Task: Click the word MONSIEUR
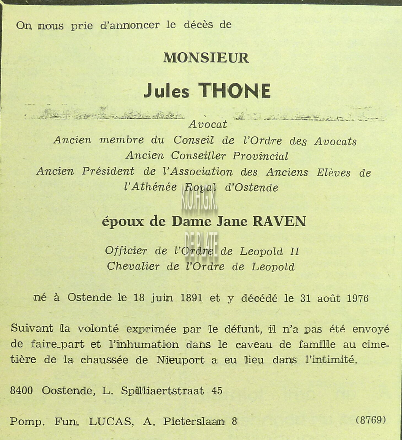tap(206, 58)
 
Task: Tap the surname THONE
tap(234, 91)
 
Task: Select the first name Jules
tap(166, 91)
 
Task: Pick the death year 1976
tap(357, 299)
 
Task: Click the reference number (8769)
tap(371, 420)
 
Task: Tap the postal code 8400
tap(21, 391)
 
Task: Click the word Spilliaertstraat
tap(162, 391)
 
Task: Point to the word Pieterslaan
tap(194, 422)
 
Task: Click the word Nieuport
tap(180, 360)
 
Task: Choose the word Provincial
tap(260, 156)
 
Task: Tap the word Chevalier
tap(133, 266)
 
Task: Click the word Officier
tap(126, 251)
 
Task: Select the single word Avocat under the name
tap(208, 124)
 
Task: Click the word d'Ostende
tap(252, 188)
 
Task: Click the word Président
tap(108, 171)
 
